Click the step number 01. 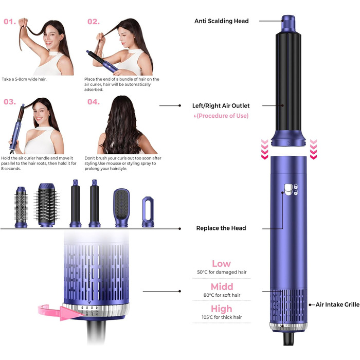click(x=10, y=22)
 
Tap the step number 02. click(x=93, y=22)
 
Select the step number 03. click(x=10, y=102)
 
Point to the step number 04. click(x=93, y=102)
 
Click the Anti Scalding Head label click(x=221, y=21)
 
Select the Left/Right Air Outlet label click(x=222, y=105)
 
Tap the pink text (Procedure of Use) click(x=221, y=116)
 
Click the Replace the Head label click(x=221, y=228)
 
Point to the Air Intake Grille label click(x=337, y=305)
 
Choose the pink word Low click(x=221, y=264)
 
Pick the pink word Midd click(x=221, y=286)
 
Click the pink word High click(x=221, y=309)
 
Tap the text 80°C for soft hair click(x=221, y=296)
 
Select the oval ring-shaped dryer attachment click(x=149, y=211)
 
